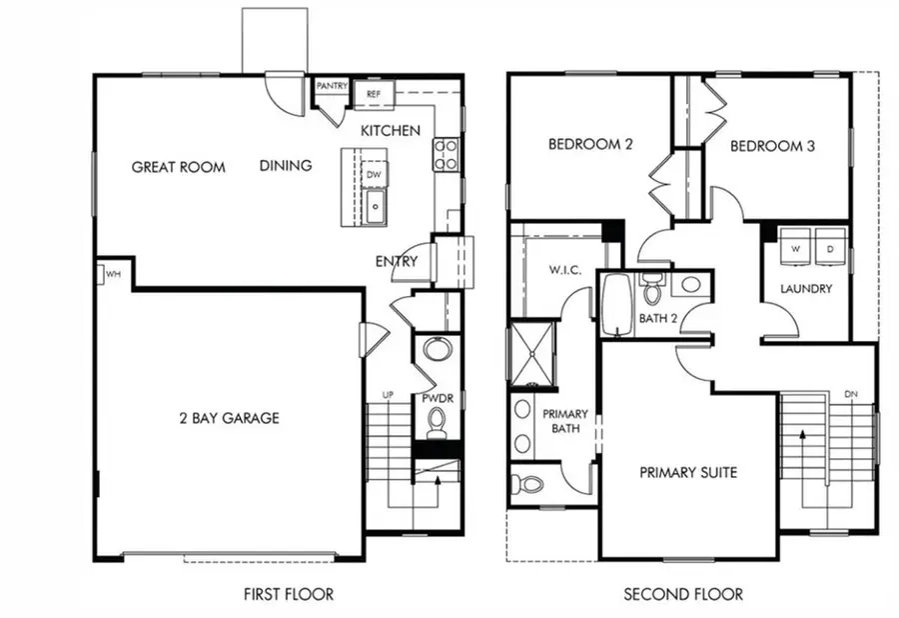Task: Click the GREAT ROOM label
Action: coord(178,167)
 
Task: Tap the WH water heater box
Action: coord(110,273)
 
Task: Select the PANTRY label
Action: coord(331,87)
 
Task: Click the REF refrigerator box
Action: coord(374,94)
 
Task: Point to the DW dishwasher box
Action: coord(374,173)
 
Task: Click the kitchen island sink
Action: coord(374,208)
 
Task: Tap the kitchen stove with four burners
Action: coord(445,153)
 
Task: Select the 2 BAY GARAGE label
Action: coord(229,418)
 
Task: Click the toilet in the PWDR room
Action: coord(437,425)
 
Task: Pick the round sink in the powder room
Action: coord(437,350)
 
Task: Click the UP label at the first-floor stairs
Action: coord(388,396)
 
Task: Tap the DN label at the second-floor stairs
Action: coord(851,394)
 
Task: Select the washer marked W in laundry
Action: coord(798,248)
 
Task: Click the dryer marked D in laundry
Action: coord(830,248)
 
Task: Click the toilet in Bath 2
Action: coord(652,290)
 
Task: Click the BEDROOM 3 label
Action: coord(772,146)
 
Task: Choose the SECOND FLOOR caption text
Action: coord(683,594)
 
